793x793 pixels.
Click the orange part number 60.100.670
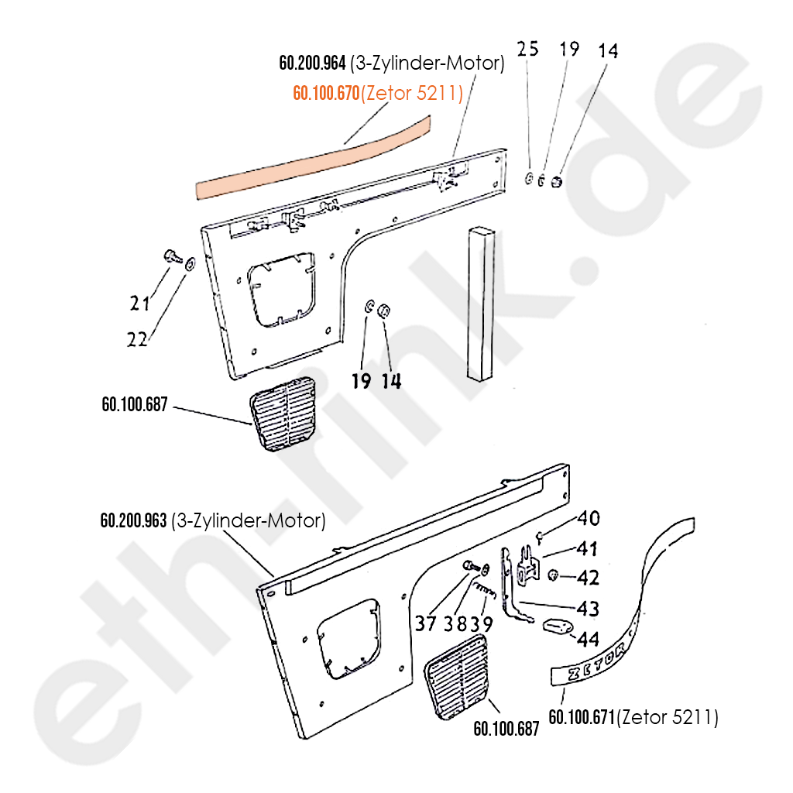coord(326,93)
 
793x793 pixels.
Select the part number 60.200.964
coord(313,64)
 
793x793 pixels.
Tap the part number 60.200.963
coord(133,520)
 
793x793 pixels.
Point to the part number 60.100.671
coord(582,717)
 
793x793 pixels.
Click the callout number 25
coord(527,49)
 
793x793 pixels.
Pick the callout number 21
coord(139,303)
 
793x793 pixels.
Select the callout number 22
coord(137,339)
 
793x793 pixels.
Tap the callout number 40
coord(589,518)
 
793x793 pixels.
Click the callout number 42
coord(589,577)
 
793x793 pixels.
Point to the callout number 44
coord(589,639)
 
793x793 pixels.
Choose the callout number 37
coord(426,623)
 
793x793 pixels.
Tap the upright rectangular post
coord(481,304)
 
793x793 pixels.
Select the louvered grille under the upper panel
coord(283,414)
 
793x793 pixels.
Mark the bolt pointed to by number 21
coord(173,256)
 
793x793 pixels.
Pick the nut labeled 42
coord(553,575)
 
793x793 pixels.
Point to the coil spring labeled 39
coord(484,589)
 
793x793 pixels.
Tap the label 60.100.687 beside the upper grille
coord(135,404)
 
